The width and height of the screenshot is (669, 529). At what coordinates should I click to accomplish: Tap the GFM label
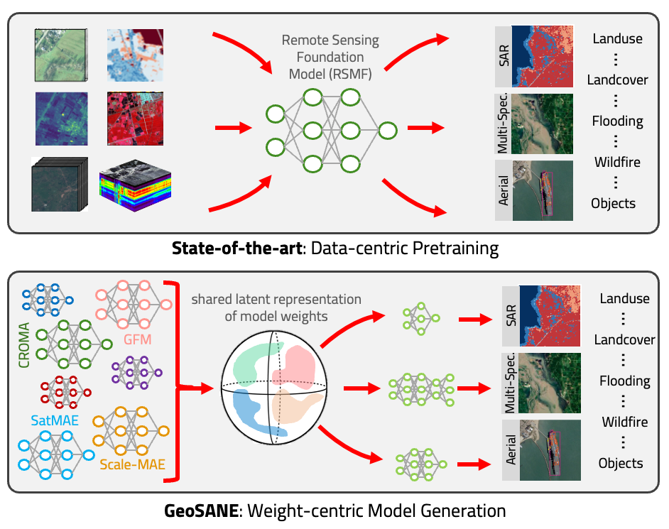tap(137, 339)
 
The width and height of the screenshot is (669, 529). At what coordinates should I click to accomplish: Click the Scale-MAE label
tap(133, 466)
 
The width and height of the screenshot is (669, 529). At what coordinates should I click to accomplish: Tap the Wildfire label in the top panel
tap(617, 162)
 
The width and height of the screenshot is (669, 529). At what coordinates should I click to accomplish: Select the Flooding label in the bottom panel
tap(624, 381)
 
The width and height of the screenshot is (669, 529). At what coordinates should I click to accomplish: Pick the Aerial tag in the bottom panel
tap(509, 450)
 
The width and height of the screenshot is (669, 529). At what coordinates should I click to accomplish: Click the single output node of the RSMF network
tap(387, 130)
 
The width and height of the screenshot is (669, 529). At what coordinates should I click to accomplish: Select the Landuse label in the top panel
tap(617, 38)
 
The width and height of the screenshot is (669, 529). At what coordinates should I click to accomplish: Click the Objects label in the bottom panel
tap(620, 463)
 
